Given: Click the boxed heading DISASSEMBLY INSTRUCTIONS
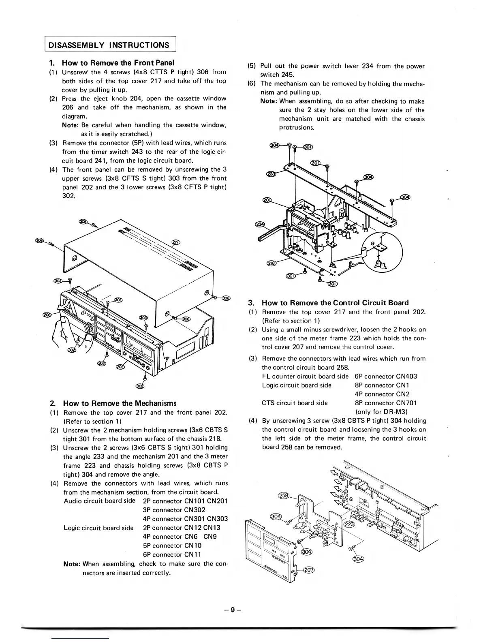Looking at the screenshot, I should coord(109,45).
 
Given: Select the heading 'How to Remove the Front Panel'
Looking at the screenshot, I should coord(118,63).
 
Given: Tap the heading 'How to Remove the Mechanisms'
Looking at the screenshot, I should coord(120,403).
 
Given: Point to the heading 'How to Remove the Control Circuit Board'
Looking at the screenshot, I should coord(335,303).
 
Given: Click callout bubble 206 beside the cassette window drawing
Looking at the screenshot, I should coord(48,315).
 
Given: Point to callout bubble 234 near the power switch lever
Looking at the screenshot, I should coord(259,225).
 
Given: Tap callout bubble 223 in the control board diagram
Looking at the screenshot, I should coord(348,525).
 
